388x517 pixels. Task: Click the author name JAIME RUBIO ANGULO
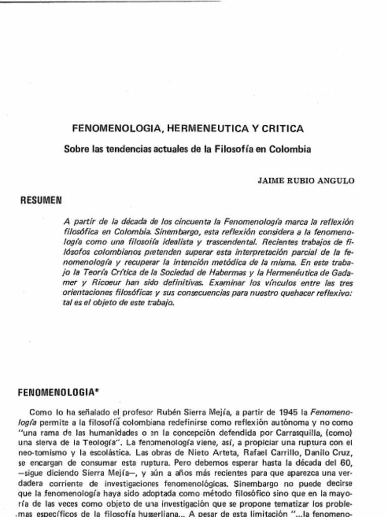pos(306,181)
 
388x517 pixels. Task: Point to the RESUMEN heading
pos(41,200)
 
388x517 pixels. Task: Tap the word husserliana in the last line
pos(160,514)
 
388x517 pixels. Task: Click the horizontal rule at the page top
pos(111,1)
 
